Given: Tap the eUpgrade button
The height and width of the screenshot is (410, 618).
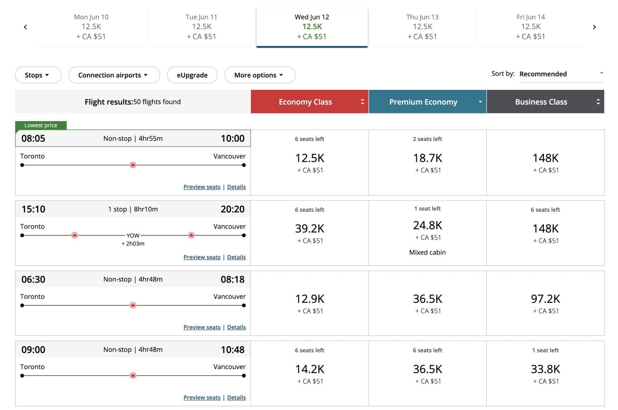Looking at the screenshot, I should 192,75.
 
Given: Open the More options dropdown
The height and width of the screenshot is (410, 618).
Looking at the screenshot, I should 260,75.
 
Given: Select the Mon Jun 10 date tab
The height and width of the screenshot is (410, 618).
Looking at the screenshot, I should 91,27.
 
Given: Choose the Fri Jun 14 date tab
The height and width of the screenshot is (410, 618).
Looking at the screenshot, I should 530,27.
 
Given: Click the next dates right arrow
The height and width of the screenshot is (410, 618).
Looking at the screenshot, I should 594,27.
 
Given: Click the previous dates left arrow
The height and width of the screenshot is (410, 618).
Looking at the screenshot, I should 26,27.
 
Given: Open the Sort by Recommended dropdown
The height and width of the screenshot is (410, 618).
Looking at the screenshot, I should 561,74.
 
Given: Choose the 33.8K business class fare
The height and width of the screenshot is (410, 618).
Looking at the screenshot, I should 545,369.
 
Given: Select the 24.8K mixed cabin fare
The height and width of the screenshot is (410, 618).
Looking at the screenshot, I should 427,226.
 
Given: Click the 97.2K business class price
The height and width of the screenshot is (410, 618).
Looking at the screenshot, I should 545,299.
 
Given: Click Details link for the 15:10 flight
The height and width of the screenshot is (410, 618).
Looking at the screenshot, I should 236,257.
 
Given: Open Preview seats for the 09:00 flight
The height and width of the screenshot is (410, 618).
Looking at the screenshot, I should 202,398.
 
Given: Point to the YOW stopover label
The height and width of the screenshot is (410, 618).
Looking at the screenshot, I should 133,236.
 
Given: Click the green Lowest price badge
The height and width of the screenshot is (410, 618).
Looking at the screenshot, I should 41,125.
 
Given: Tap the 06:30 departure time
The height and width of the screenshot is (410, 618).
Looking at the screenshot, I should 33,279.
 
